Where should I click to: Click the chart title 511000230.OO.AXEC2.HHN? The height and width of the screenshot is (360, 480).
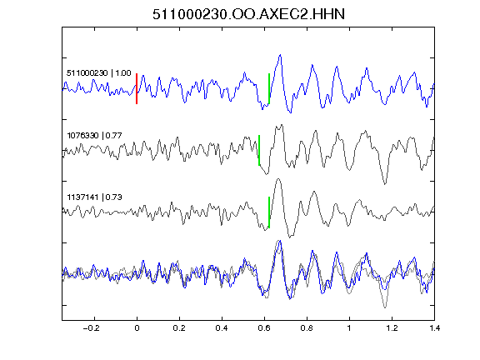click(x=248, y=14)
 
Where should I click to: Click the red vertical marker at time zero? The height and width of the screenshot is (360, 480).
click(x=137, y=89)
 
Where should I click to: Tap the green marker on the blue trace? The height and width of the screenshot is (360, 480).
click(x=269, y=89)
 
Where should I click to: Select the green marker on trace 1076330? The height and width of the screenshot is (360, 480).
click(x=259, y=150)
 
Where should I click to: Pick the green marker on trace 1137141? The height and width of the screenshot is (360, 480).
click(x=269, y=212)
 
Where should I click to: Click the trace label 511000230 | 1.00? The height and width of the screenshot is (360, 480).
click(x=99, y=73)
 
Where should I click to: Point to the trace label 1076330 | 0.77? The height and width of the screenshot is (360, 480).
click(x=94, y=135)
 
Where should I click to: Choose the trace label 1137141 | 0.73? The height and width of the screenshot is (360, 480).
click(x=94, y=197)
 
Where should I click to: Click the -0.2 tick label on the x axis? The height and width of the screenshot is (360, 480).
click(x=92, y=328)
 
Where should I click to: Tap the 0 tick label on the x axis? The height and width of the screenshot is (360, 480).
click(x=137, y=328)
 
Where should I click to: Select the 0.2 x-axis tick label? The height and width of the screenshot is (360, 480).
click(x=179, y=328)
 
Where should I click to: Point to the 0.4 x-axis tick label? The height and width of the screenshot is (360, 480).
click(x=222, y=328)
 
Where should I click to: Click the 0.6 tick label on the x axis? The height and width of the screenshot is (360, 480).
click(x=264, y=328)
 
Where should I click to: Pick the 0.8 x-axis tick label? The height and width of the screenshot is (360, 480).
click(x=307, y=328)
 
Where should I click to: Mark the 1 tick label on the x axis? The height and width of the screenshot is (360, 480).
click(x=349, y=328)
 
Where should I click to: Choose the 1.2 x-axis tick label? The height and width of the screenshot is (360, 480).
click(x=392, y=328)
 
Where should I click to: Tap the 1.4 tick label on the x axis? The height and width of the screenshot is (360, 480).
click(x=434, y=328)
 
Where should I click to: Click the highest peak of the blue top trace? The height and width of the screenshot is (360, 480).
click(x=280, y=55)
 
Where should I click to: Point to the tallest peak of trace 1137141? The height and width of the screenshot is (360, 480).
click(x=278, y=179)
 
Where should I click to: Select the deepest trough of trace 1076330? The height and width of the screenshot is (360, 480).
click(x=385, y=183)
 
